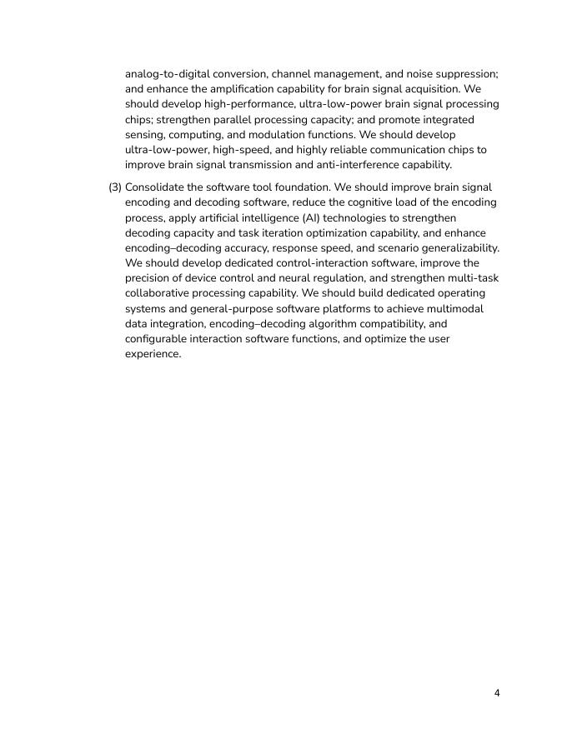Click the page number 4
click(x=497, y=693)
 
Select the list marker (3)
click(x=115, y=187)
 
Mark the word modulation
click(x=312, y=134)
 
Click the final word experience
click(x=153, y=354)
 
